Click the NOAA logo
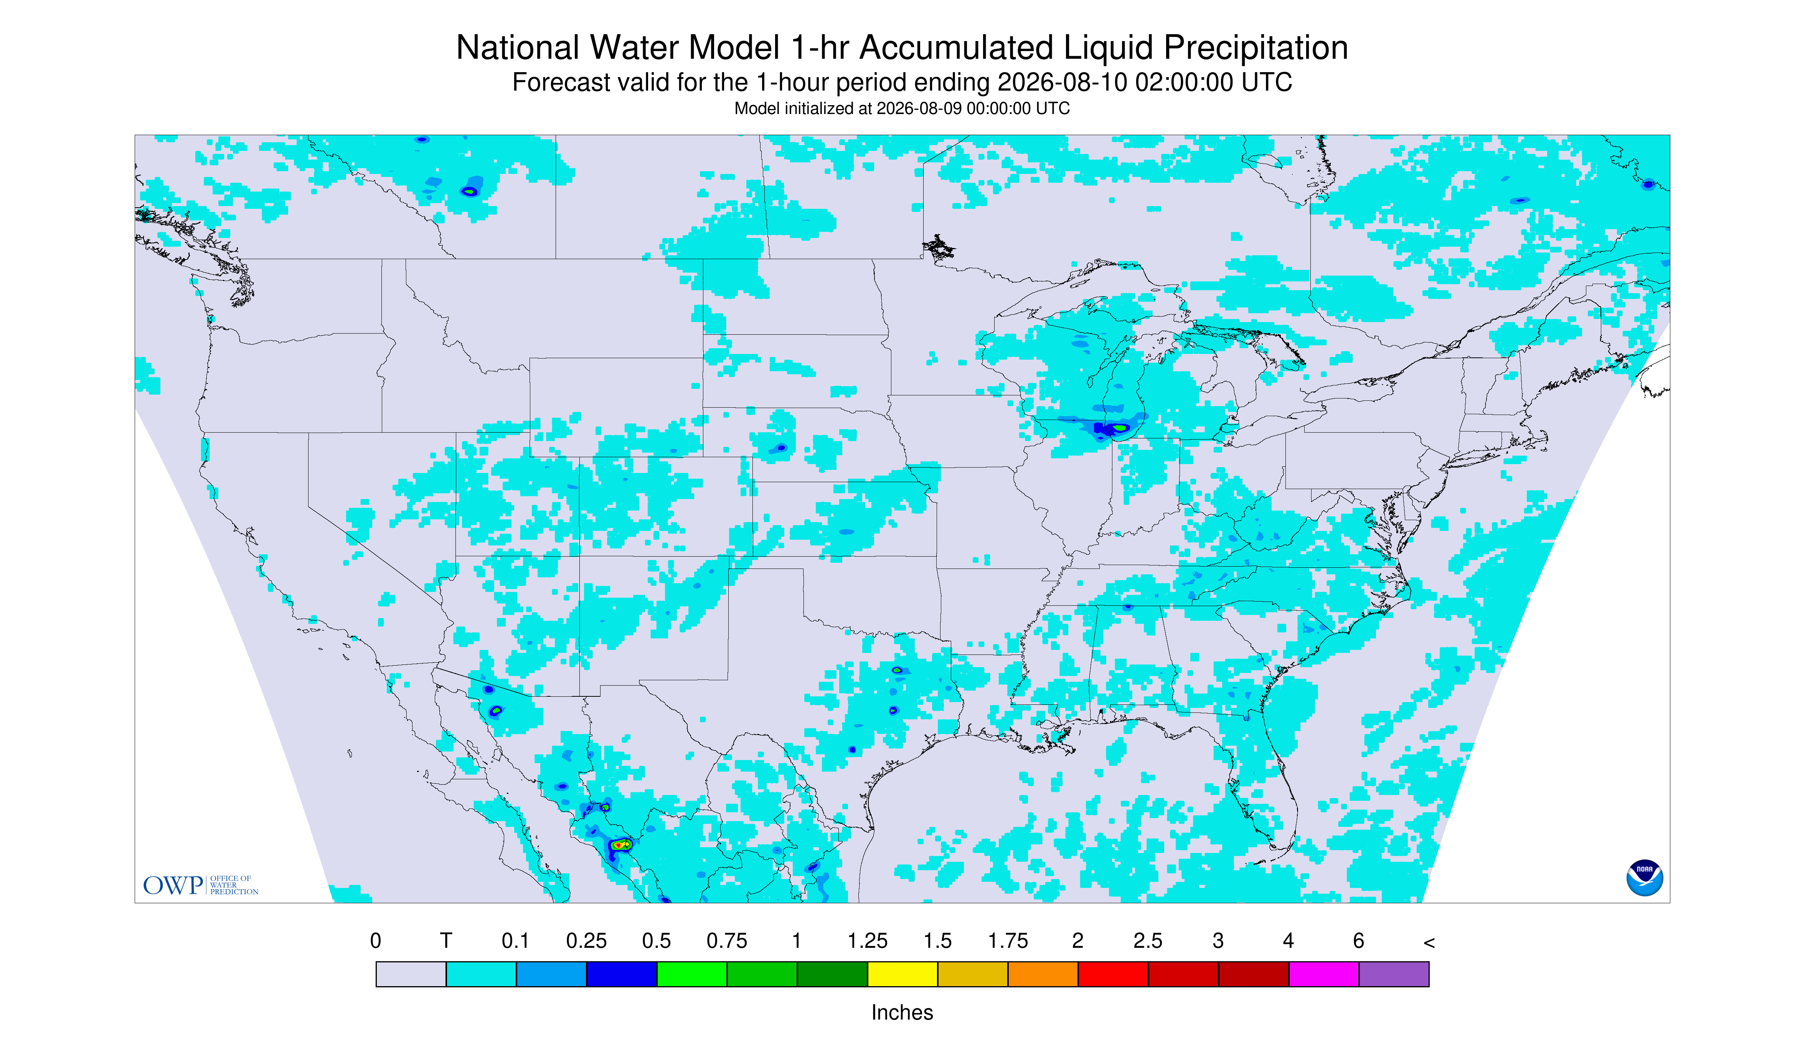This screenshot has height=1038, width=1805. click(1645, 878)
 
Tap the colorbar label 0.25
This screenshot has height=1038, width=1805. click(586, 941)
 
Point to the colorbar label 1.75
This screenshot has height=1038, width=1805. click(1008, 941)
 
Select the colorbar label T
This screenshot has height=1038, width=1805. click(446, 941)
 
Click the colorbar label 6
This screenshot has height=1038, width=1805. click(1359, 941)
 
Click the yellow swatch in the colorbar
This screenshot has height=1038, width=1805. click(902, 974)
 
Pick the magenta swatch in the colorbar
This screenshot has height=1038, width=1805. click(1324, 974)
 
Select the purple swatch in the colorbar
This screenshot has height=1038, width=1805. click(1394, 974)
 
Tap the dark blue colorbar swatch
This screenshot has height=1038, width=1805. click(621, 974)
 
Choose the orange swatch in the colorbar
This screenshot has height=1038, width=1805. click(1043, 974)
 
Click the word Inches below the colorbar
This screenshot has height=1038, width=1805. click(902, 1012)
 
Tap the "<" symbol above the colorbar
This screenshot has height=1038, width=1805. click(1429, 942)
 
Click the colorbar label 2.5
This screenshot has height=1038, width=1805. click(1148, 941)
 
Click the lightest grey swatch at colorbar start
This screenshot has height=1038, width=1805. click(411, 974)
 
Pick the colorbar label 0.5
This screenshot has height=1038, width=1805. click(656, 941)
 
